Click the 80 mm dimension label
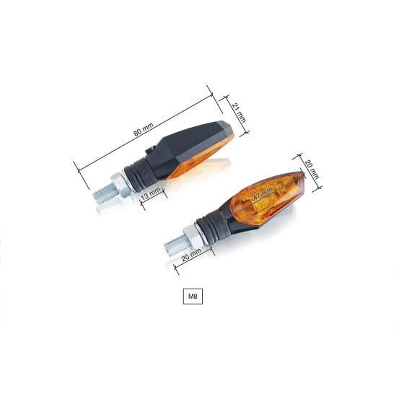144,129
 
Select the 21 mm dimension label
239,113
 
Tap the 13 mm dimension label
151,193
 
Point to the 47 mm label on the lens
263,193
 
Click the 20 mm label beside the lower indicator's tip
312,170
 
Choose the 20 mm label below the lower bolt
191,255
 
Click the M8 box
193,297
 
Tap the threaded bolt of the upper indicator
105,194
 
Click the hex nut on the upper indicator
121,185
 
